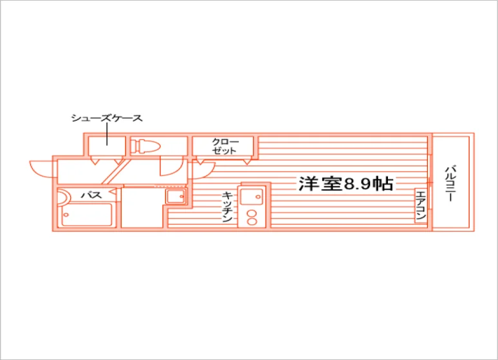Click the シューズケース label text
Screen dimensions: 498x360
click(x=107, y=118)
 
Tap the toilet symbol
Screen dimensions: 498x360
click(x=145, y=146)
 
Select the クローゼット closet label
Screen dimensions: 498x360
click(x=225, y=146)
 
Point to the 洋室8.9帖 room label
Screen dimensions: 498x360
click(x=346, y=183)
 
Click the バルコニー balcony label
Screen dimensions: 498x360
click(x=450, y=183)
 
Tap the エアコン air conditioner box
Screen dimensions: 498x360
click(x=421, y=206)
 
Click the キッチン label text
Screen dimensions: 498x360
click(x=226, y=206)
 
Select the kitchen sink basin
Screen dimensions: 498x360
click(x=252, y=197)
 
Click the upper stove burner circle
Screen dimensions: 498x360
click(x=252, y=213)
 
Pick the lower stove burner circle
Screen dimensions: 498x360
click(x=252, y=221)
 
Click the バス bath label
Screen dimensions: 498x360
click(x=91, y=195)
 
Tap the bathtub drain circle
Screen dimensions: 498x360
click(x=66, y=215)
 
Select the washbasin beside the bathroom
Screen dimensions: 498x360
click(x=176, y=196)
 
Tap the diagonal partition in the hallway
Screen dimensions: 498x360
click(x=116, y=172)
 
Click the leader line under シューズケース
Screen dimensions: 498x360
click(x=107, y=134)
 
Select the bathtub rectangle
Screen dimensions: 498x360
click(x=87, y=215)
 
